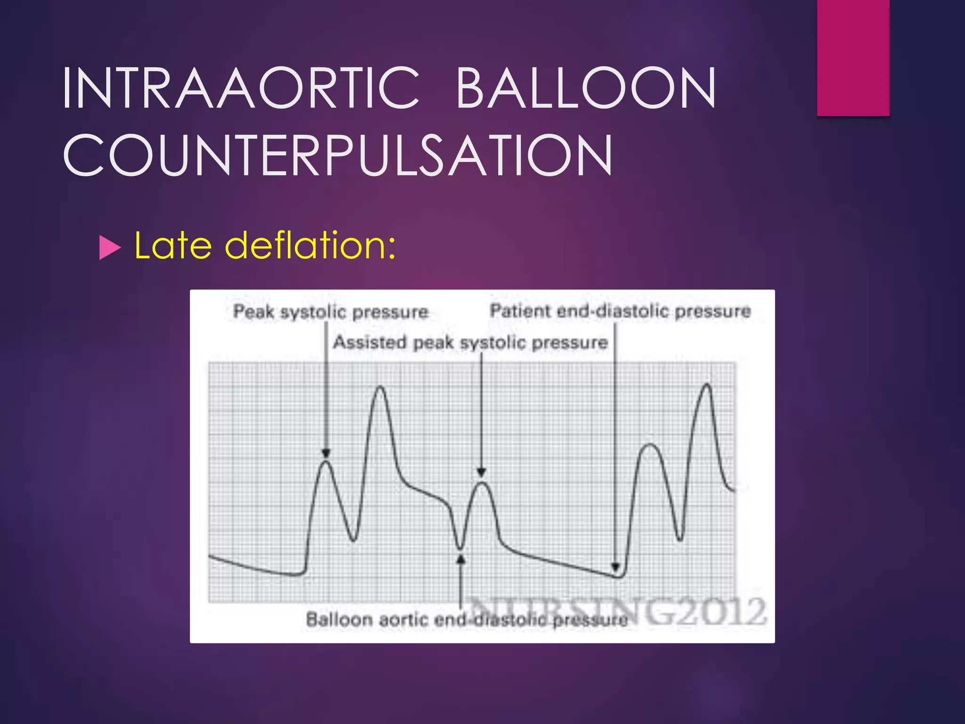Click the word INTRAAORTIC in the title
click(x=240, y=88)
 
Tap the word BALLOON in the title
click(x=586, y=88)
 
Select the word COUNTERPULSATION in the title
click(x=337, y=155)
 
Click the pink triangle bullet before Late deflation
click(x=110, y=247)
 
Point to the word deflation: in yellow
click(x=310, y=246)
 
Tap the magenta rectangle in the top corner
click(x=853, y=58)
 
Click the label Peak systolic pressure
click(x=331, y=312)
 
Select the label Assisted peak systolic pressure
click(x=470, y=342)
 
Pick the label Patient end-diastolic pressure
click(x=620, y=311)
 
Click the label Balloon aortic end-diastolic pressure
click(x=466, y=619)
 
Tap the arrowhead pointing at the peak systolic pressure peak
click(x=326, y=453)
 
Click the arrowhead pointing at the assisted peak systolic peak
click(x=481, y=472)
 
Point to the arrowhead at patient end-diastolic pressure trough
click(x=615, y=567)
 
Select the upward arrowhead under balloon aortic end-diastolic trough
click(x=461, y=559)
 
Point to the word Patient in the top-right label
click(x=520, y=311)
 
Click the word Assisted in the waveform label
click(x=369, y=342)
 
